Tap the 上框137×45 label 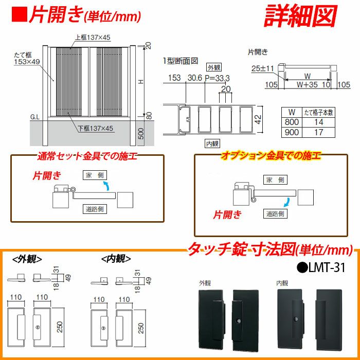click(93, 37)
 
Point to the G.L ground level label click(35, 117)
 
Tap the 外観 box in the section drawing click(212, 67)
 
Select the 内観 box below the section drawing click(212, 143)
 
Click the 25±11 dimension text click(262, 68)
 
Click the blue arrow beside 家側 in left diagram click(106, 185)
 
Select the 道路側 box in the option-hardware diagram click(275, 213)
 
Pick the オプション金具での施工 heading click(269, 155)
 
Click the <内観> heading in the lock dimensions click(116, 259)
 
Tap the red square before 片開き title click(19, 14)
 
